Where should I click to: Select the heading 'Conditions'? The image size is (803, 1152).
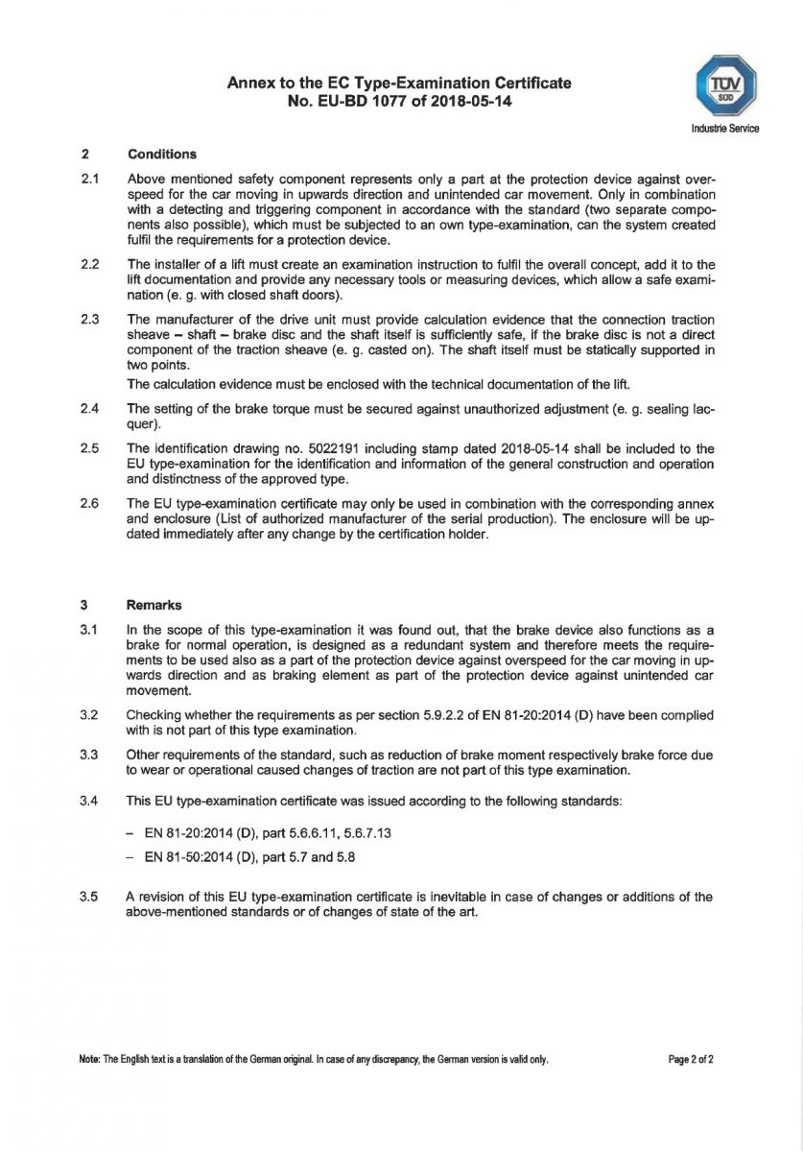pyautogui.click(x=161, y=154)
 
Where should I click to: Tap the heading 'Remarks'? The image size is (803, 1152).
pyautogui.click(x=154, y=605)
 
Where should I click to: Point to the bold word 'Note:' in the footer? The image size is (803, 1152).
pyautogui.click(x=90, y=1059)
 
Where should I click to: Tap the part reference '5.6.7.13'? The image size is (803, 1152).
pyautogui.click(x=365, y=833)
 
